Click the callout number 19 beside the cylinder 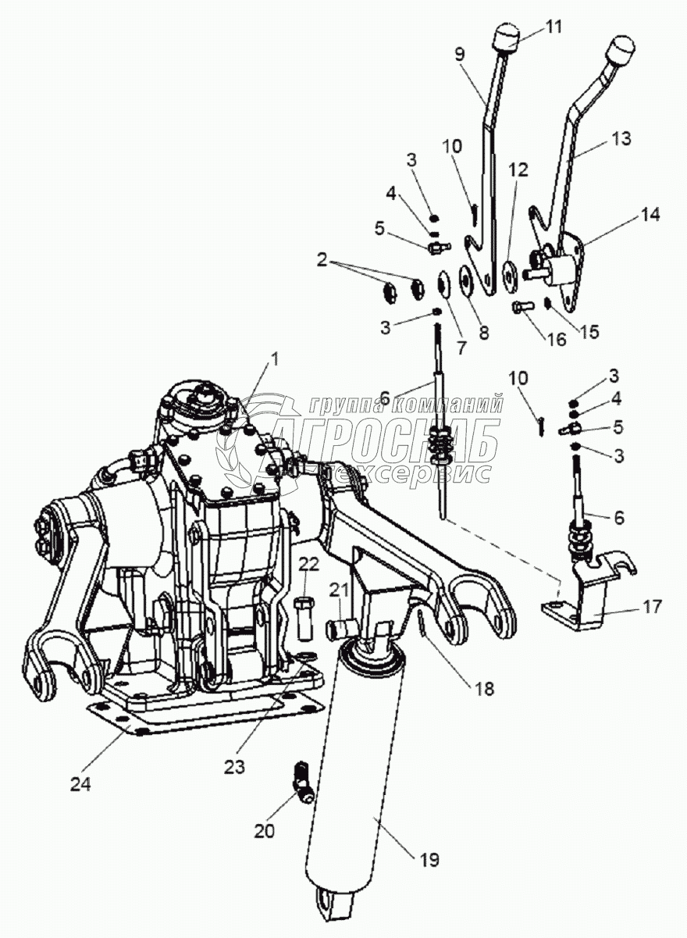point(428,861)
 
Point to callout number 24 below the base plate point(80,783)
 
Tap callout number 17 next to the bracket point(653,605)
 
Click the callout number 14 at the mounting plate point(650,214)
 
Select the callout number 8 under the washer point(483,332)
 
